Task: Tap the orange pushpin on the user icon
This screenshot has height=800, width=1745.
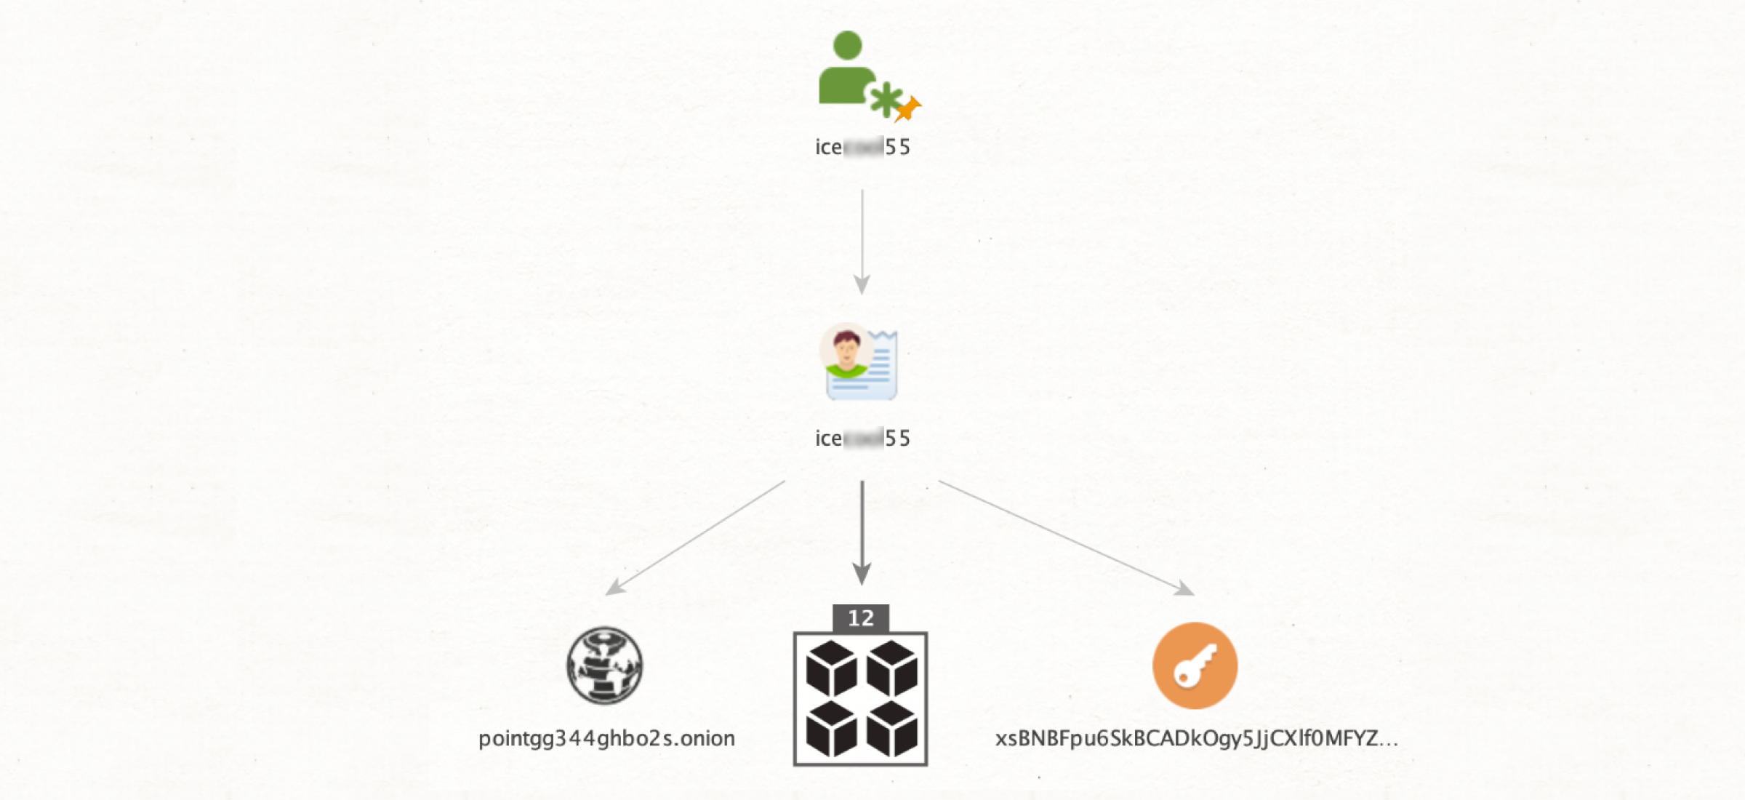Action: click(907, 109)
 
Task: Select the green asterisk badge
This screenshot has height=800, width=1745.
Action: click(886, 100)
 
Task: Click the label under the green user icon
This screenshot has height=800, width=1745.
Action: click(862, 147)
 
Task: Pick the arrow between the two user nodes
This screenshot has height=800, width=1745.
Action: click(862, 240)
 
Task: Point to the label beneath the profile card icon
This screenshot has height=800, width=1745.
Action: click(862, 438)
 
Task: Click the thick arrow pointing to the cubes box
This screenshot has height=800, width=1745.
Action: click(862, 531)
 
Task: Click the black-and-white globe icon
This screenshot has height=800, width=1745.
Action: click(604, 665)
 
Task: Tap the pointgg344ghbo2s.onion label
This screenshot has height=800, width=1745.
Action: click(606, 738)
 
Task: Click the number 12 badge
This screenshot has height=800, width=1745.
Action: click(861, 618)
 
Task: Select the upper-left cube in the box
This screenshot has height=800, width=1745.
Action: click(831, 668)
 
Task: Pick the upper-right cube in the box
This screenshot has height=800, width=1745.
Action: click(892, 668)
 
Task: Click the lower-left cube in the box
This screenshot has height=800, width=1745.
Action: click(831, 729)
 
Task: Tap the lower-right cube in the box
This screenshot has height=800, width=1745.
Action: click(892, 729)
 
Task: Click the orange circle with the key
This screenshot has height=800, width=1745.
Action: click(1195, 665)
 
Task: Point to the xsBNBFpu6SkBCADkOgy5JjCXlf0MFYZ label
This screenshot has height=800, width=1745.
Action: click(1196, 738)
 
